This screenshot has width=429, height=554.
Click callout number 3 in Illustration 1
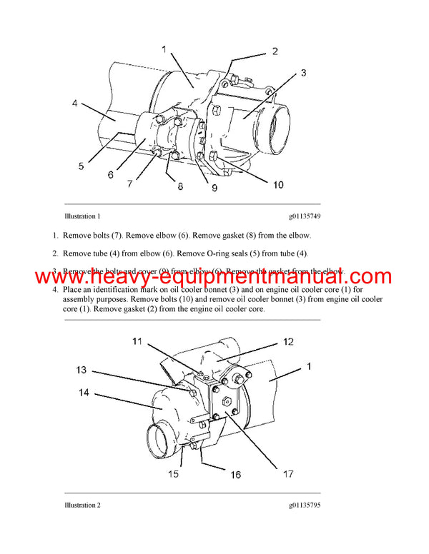(302, 73)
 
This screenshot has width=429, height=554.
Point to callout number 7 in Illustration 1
(129, 184)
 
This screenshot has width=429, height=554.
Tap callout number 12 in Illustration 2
(287, 342)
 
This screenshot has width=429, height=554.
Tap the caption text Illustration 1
(82, 216)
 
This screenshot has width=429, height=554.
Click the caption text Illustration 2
(82, 505)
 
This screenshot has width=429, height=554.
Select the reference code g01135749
(305, 216)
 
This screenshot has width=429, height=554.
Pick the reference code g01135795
(305, 505)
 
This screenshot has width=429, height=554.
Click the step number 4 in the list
(55, 291)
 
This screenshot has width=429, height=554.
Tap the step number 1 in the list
(55, 235)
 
